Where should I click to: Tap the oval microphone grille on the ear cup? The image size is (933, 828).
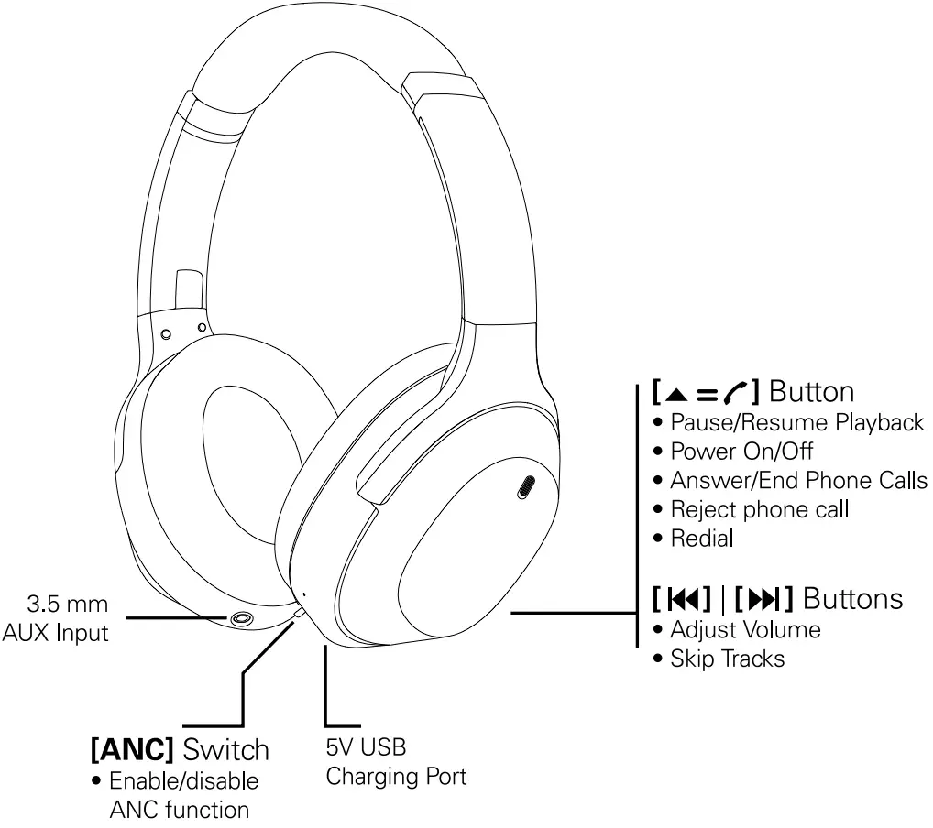[527, 488]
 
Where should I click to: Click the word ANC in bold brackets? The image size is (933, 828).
[132, 749]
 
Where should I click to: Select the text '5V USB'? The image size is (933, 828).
[366, 748]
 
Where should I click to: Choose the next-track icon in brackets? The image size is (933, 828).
[763, 600]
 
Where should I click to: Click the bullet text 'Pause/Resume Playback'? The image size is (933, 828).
[796, 422]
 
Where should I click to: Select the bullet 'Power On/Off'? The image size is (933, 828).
[741, 452]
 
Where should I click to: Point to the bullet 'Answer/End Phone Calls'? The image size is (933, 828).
[798, 481]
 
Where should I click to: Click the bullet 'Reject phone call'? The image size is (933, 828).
[759, 509]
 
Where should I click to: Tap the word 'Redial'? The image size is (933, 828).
[702, 539]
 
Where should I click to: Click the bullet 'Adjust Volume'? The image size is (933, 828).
[744, 630]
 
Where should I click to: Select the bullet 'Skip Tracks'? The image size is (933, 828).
[727, 659]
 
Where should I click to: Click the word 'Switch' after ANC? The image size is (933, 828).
[225, 749]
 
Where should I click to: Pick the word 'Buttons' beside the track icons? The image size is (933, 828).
[852, 599]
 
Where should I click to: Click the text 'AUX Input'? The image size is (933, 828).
[55, 632]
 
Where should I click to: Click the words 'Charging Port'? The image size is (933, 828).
[396, 778]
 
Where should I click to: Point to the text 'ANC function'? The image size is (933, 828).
[179, 810]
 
